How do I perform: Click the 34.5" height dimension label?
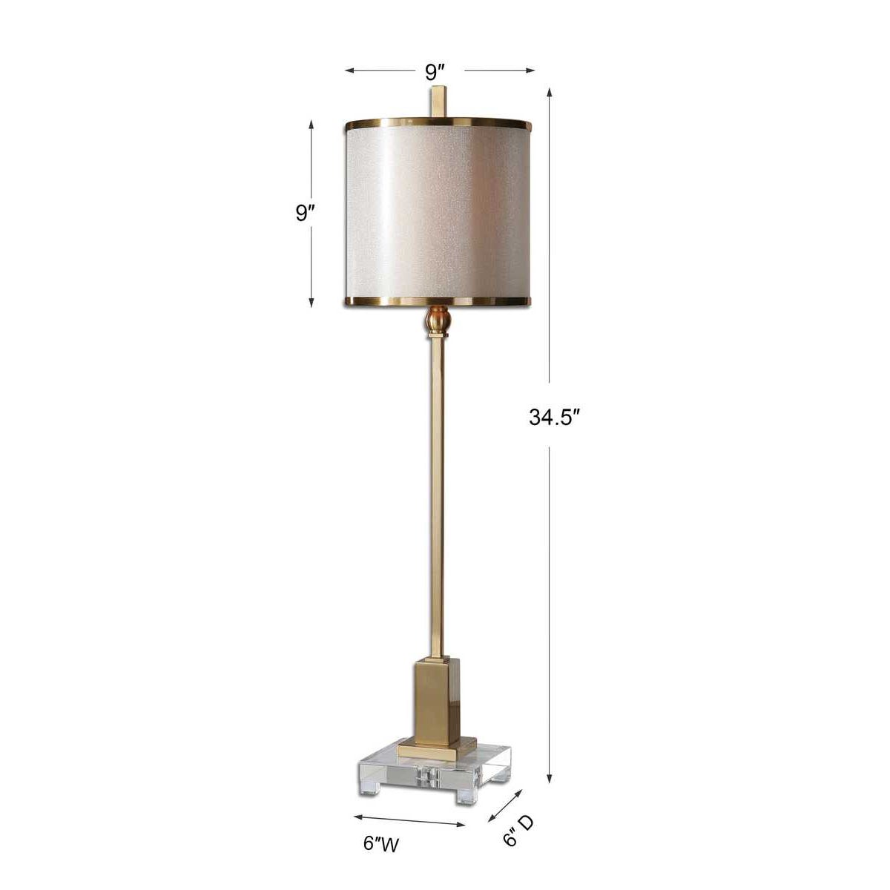pos(553,418)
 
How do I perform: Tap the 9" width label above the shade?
pos(435,72)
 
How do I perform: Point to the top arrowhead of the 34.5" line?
pos(550,93)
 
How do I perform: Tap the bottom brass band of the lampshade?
pos(438,300)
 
